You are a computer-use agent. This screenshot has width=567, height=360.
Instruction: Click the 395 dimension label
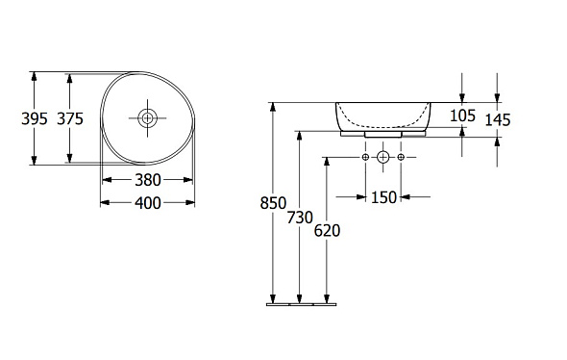(35, 118)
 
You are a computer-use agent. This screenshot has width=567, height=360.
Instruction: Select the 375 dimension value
(70, 118)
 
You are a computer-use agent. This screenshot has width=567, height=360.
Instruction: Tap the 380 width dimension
(148, 180)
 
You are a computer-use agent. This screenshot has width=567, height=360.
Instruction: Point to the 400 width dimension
(148, 203)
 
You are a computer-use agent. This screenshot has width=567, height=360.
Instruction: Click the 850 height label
(273, 203)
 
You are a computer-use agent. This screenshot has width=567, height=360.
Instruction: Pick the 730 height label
(300, 218)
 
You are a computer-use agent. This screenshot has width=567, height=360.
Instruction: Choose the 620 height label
(327, 231)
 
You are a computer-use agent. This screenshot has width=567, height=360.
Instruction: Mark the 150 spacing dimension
(384, 197)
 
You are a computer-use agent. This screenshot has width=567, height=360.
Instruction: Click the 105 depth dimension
(462, 116)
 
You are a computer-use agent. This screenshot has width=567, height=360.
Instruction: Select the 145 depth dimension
(498, 120)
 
